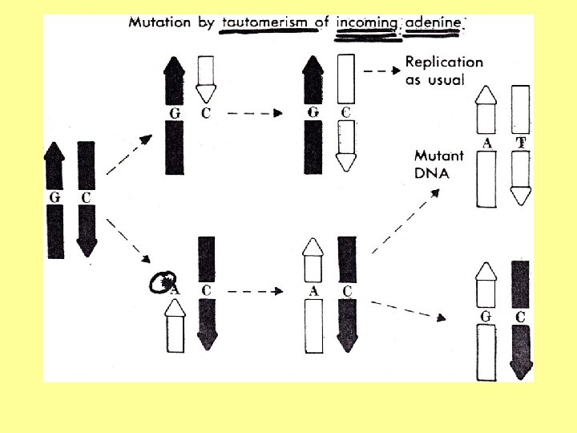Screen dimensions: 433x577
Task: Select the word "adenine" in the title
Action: pos(434,22)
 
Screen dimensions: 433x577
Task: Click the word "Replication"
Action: pos(445,62)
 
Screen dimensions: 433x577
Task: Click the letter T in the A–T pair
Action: pos(521,144)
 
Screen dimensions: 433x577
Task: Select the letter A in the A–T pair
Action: pos(486,144)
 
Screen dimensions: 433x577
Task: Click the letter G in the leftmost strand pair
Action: pos(54,196)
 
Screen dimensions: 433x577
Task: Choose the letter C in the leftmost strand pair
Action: pos(86,196)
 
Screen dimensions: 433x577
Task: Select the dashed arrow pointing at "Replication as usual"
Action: pos(381,71)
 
